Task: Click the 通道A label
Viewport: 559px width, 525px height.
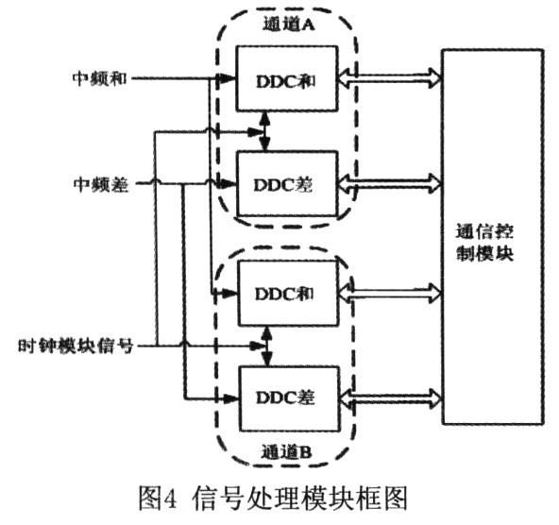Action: (x=288, y=25)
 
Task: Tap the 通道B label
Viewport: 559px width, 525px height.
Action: (x=287, y=452)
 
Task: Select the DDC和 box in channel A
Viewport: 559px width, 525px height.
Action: (x=287, y=78)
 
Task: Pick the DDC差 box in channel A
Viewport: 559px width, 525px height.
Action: (x=287, y=184)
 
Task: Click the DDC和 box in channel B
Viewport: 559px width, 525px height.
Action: (x=288, y=293)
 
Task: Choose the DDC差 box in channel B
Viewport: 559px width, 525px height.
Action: (x=289, y=398)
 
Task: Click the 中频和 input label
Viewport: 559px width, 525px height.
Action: (x=100, y=78)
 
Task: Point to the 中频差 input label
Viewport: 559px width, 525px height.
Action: (x=101, y=184)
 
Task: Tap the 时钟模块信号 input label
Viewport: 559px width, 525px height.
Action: (x=76, y=346)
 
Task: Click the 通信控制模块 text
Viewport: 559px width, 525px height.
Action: (x=485, y=243)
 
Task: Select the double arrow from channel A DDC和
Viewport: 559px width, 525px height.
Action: (x=390, y=78)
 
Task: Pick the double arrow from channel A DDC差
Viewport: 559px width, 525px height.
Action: (x=390, y=184)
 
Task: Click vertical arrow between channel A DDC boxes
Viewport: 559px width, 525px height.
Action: (x=264, y=131)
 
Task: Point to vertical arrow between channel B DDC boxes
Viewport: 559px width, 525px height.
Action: (x=266, y=347)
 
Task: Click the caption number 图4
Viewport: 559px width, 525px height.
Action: (x=158, y=499)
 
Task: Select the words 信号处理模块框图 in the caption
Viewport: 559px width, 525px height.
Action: (x=299, y=499)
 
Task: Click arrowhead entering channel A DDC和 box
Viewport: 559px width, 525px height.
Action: (x=227, y=78)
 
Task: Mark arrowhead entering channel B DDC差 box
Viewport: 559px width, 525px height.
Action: (x=230, y=398)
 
